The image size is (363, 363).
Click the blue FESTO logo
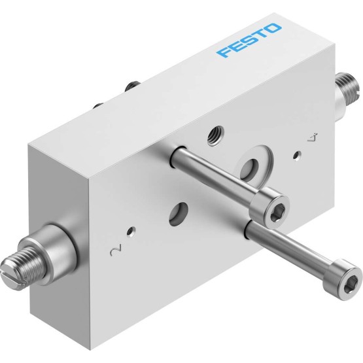[249, 40]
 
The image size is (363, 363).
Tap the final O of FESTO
[273, 28]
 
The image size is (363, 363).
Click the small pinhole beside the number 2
[132, 231]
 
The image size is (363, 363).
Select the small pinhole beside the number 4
[297, 155]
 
